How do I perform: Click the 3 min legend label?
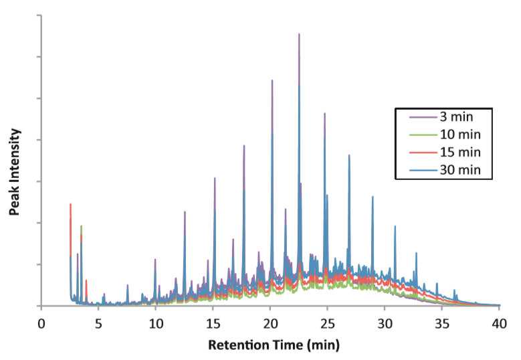[x=459, y=118]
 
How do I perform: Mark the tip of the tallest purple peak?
[x=299, y=34]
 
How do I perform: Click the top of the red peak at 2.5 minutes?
[x=70, y=204]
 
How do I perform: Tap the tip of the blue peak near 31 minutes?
[x=395, y=226]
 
